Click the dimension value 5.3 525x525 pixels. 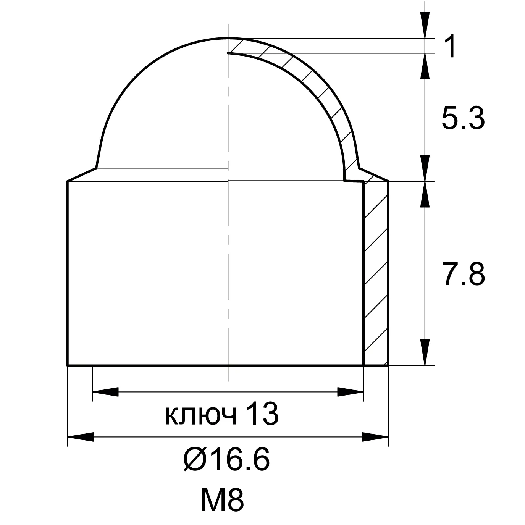point(463,118)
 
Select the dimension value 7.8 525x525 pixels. point(463,274)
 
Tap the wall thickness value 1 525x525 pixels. point(449,46)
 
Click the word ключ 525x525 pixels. point(200,417)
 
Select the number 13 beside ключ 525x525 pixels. point(262,414)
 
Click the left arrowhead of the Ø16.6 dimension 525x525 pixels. point(80,437)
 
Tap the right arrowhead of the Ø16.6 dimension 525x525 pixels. point(375,437)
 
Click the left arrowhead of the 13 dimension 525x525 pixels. point(105,392)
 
